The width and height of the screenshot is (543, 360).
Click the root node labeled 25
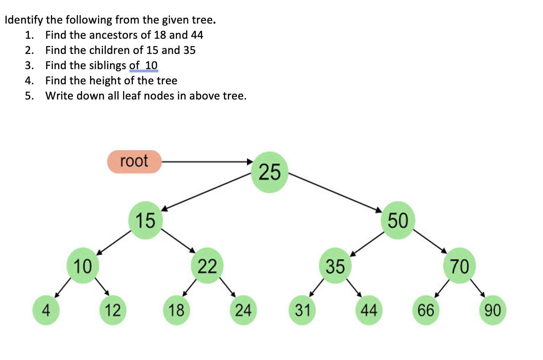click(x=270, y=172)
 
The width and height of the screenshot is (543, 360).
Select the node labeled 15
click(x=145, y=220)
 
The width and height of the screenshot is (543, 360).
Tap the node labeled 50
click(x=398, y=220)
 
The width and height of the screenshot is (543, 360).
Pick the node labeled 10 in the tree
click(x=83, y=266)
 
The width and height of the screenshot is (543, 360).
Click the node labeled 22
click(x=207, y=266)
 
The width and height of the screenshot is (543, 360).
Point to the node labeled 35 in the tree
click(x=335, y=266)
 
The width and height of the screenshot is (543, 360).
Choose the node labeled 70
click(x=459, y=266)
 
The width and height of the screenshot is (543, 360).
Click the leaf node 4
click(x=46, y=310)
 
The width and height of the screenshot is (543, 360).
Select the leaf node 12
click(x=113, y=310)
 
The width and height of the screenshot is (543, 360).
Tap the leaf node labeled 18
click(x=176, y=310)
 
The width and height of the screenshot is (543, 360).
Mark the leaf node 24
click(x=243, y=310)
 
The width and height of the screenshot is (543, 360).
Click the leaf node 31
click(x=303, y=310)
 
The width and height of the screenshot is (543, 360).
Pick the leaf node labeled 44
click(x=369, y=310)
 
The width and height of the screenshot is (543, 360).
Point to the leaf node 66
click(x=426, y=310)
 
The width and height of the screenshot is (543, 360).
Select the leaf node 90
click(x=492, y=310)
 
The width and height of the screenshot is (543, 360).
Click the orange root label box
click(x=134, y=162)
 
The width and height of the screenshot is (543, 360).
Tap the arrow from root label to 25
click(x=207, y=162)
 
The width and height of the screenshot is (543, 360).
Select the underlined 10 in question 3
click(x=151, y=65)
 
